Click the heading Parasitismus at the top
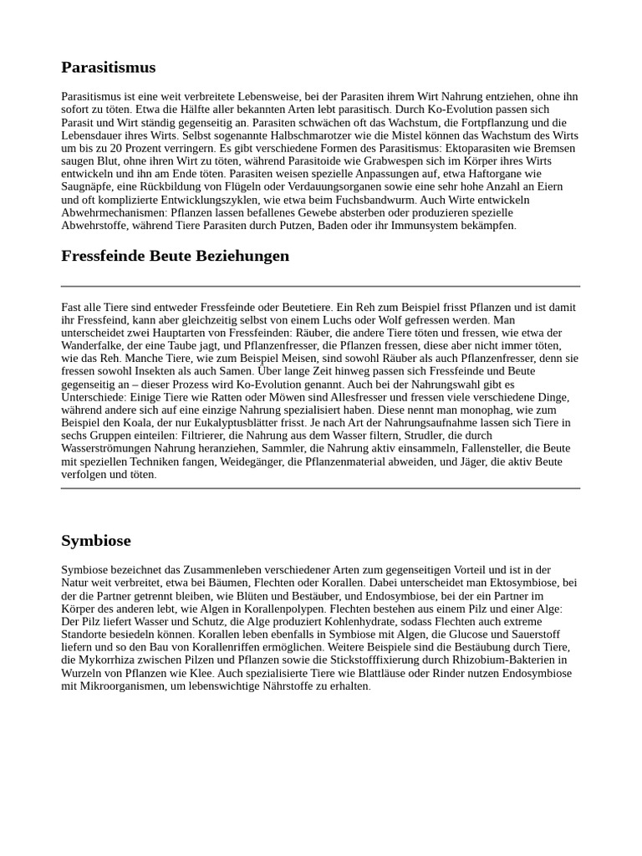(x=108, y=68)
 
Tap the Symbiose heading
(x=95, y=541)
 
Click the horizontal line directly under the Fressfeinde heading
(x=320, y=286)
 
